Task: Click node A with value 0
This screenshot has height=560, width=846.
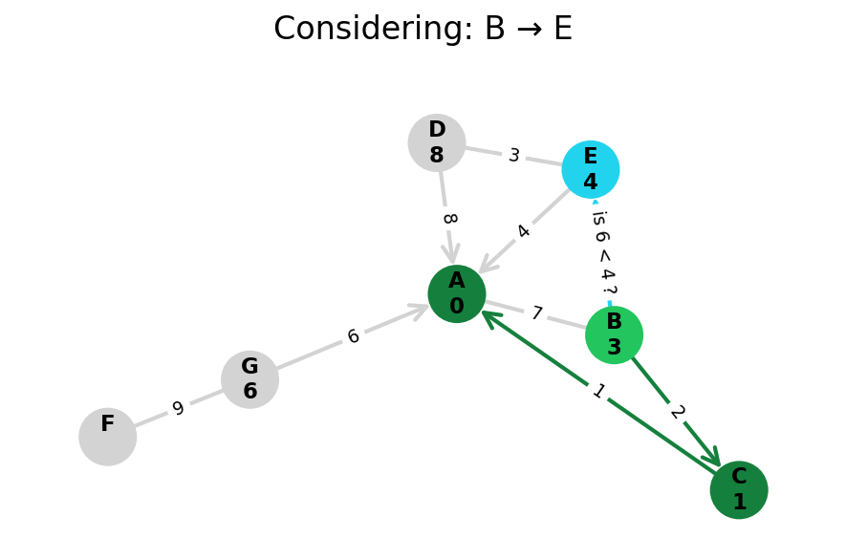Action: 457,293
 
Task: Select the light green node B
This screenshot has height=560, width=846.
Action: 614,334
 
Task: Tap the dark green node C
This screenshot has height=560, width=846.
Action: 739,489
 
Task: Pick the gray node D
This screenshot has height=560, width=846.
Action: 437,142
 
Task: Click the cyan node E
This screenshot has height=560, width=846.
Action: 591,169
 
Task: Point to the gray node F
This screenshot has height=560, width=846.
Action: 108,437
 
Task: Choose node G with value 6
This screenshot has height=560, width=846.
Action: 249,379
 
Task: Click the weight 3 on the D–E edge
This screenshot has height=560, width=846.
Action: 514,156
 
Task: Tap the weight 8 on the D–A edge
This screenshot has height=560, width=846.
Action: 447,219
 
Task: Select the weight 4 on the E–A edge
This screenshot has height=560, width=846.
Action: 524,231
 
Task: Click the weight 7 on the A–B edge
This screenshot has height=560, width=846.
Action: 536,313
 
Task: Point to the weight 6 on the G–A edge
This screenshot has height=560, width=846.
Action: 353,336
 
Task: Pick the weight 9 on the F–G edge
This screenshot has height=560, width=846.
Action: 178,409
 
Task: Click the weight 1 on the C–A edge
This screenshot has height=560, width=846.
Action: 598,392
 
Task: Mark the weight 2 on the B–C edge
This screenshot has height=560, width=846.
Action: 677,412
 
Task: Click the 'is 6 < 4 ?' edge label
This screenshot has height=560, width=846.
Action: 603,252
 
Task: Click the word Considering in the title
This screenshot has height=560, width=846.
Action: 370,30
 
